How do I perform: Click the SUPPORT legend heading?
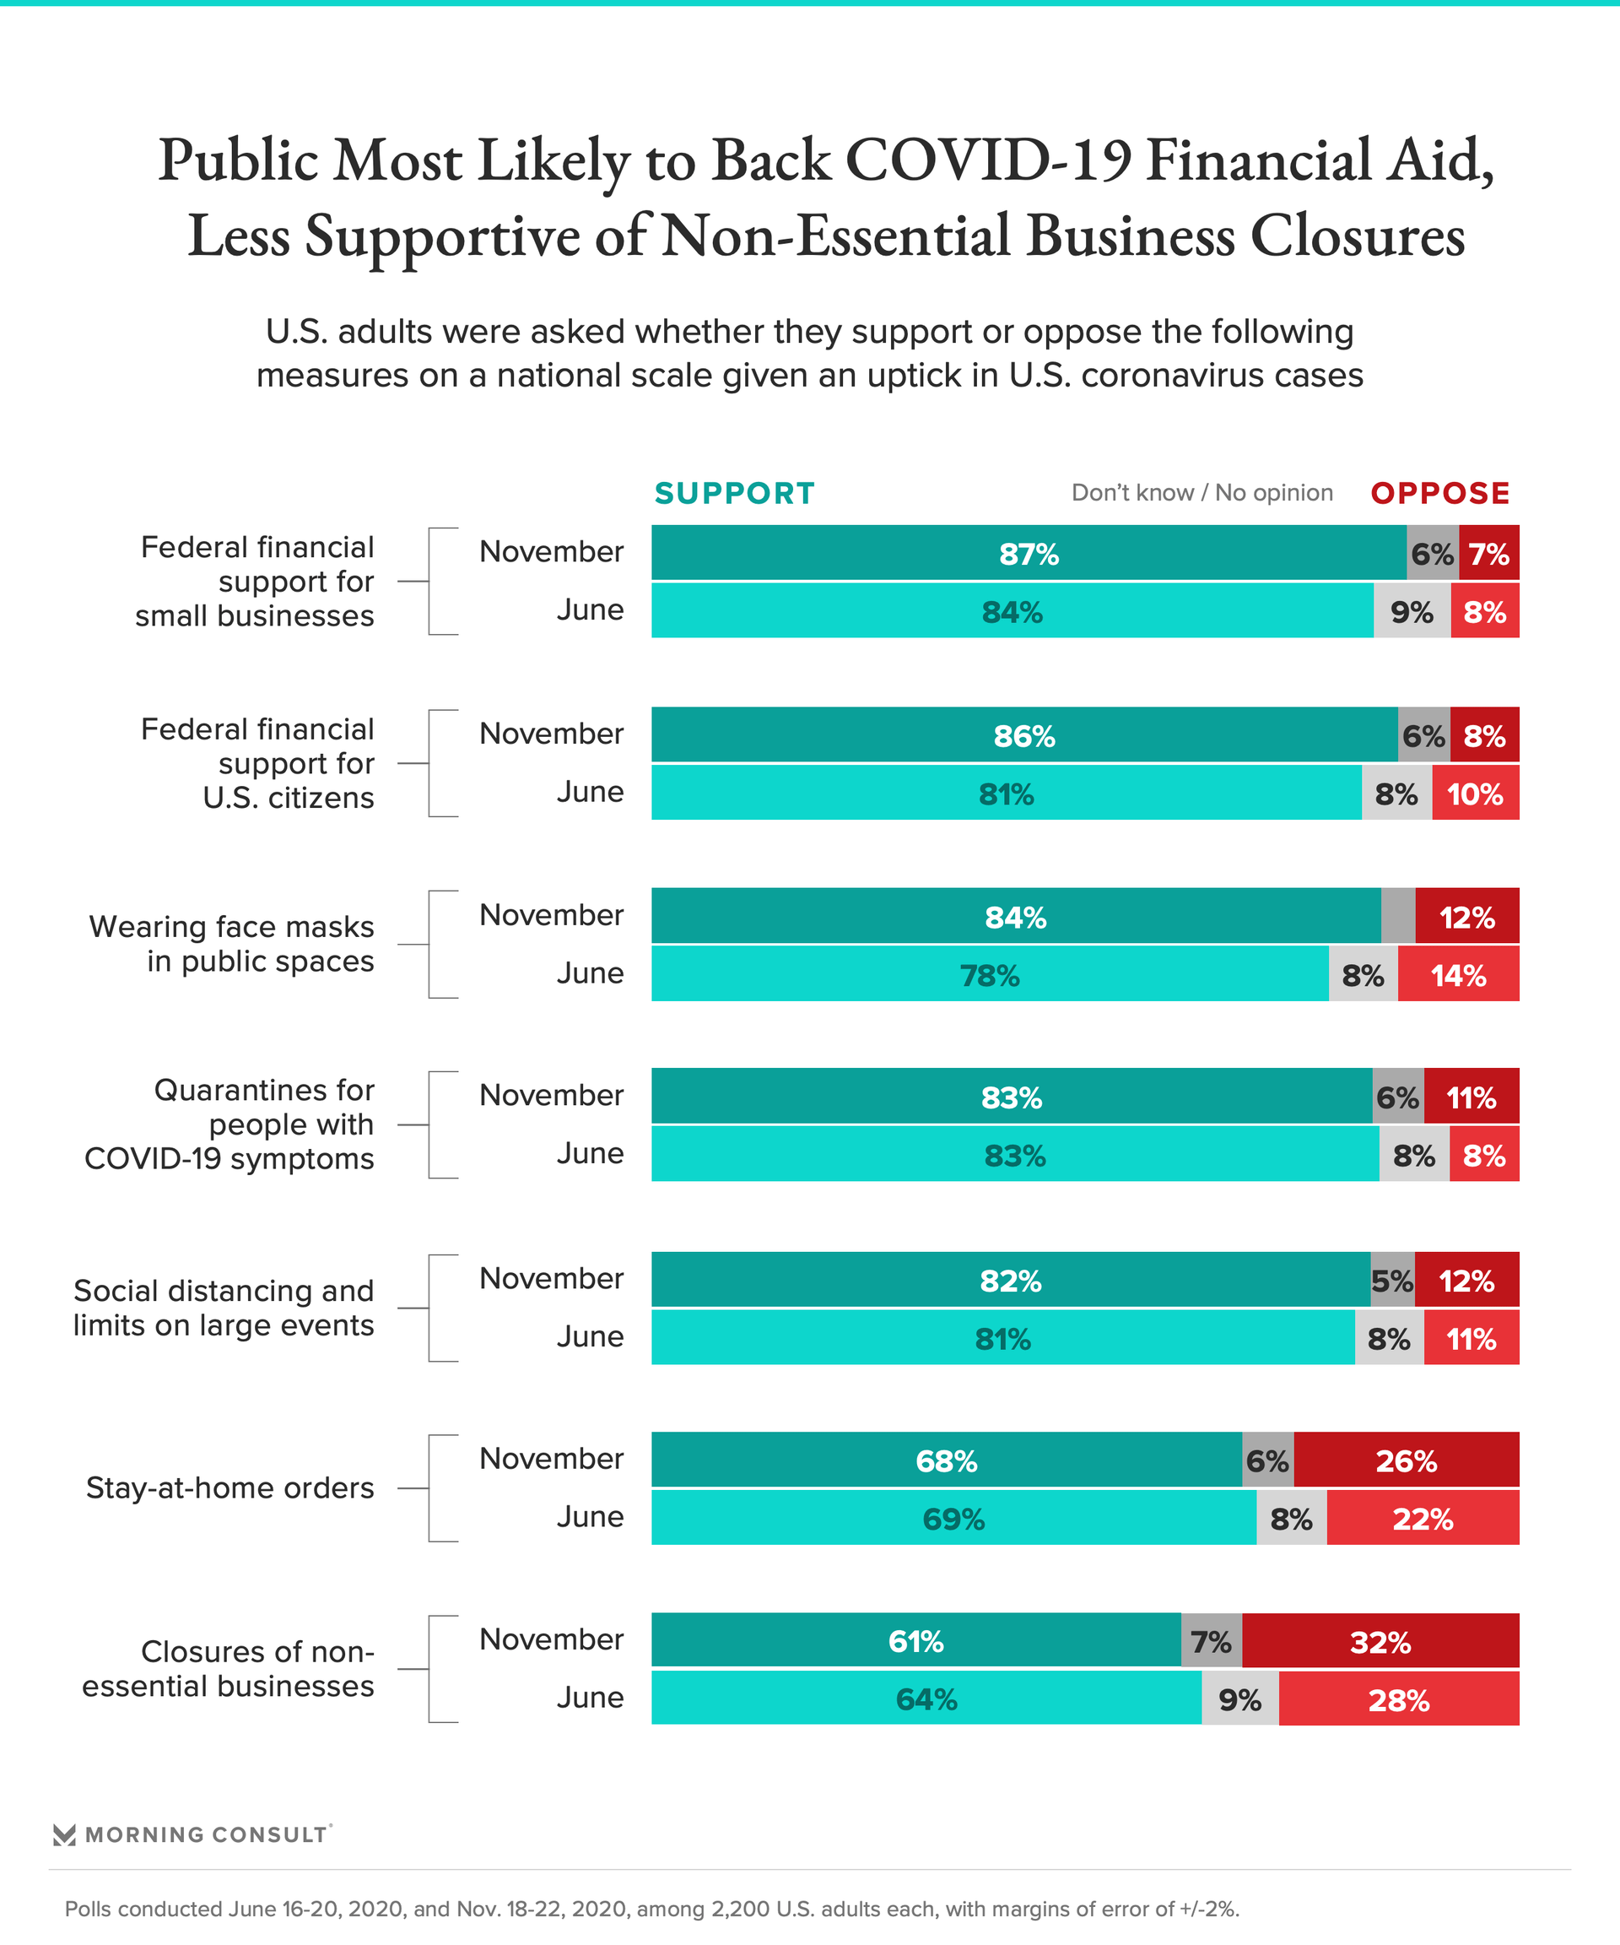click(x=734, y=494)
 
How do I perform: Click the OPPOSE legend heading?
click(x=1439, y=494)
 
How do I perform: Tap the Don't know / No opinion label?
click(x=1201, y=493)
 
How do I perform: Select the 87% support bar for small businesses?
click(x=1028, y=554)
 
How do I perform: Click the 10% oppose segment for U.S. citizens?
click(x=1475, y=794)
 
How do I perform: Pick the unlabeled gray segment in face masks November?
click(x=1398, y=917)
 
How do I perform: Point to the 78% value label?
click(x=990, y=975)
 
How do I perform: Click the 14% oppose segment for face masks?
click(x=1458, y=975)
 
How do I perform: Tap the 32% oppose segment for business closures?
click(x=1380, y=1642)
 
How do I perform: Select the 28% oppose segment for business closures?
click(x=1398, y=1700)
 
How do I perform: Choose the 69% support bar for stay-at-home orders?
click(x=953, y=1519)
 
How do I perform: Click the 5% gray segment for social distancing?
click(x=1392, y=1281)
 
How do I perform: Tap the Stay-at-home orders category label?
click(x=229, y=1488)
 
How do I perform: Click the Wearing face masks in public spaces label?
click(x=231, y=944)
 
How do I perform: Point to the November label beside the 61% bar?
click(x=551, y=1639)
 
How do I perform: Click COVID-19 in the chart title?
click(x=988, y=160)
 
